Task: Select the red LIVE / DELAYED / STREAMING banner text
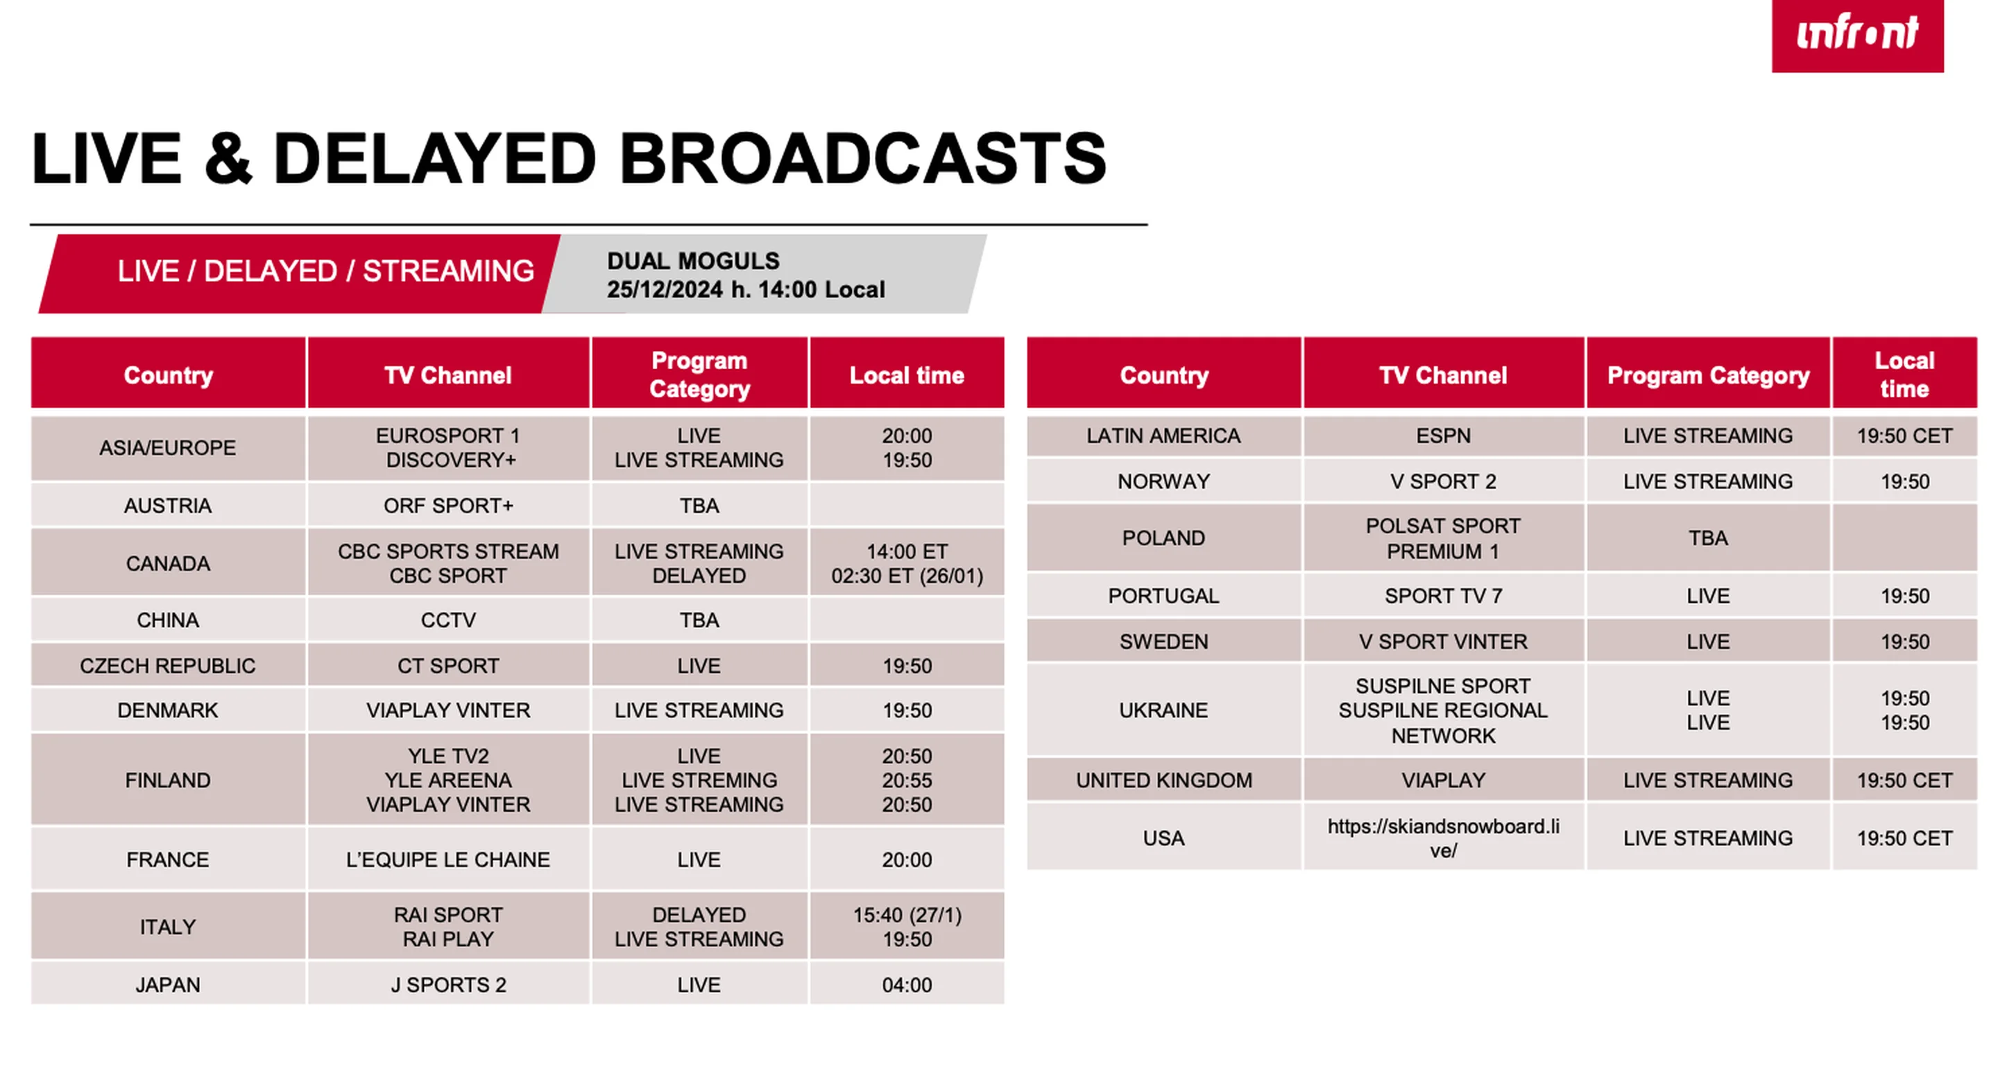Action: (326, 271)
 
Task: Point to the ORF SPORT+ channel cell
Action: (448, 506)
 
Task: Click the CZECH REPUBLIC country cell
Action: (167, 665)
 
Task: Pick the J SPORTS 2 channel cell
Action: (448, 985)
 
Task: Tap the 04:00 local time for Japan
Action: (907, 985)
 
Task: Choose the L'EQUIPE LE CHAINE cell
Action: (448, 860)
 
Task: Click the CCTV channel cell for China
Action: (448, 620)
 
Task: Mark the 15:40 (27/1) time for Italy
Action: (907, 915)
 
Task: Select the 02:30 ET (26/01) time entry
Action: (907, 576)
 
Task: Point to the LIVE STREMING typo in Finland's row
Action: (699, 780)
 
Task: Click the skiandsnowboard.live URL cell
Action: (1444, 838)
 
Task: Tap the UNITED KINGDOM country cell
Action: (1163, 780)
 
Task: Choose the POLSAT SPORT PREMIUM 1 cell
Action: (1444, 538)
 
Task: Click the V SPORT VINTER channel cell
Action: (1444, 642)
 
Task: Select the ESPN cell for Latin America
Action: (1444, 436)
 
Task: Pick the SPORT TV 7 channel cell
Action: (1444, 596)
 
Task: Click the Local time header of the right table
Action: (1904, 375)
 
